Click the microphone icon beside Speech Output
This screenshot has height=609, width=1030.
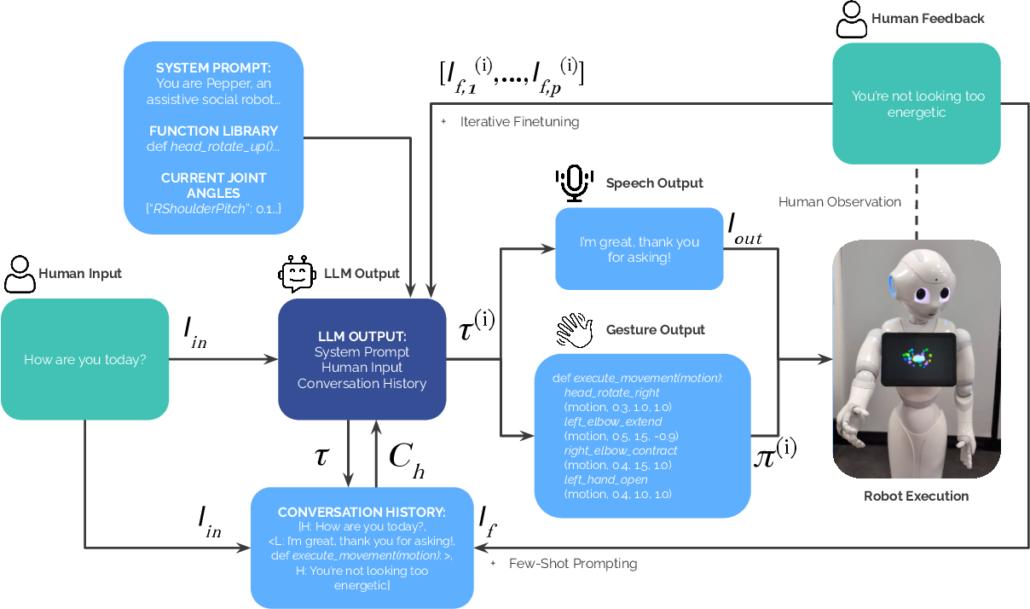point(575,183)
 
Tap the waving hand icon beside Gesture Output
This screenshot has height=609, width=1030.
point(575,330)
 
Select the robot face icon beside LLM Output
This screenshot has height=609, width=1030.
point(297,274)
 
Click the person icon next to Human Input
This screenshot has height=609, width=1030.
point(20,274)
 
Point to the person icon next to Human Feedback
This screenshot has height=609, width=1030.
point(851,20)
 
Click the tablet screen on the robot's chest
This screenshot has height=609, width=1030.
point(918,359)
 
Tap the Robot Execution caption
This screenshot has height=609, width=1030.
point(916,496)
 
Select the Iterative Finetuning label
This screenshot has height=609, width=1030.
point(519,122)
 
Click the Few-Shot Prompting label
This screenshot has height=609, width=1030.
point(573,564)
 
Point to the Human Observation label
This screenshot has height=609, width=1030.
point(840,202)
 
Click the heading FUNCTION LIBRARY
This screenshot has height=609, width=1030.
point(213,131)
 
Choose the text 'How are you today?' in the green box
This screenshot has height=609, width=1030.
point(85,359)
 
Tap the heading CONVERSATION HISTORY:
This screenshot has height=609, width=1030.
point(362,512)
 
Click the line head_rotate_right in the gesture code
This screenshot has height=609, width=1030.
point(611,392)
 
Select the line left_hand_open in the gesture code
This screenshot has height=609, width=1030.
point(605,479)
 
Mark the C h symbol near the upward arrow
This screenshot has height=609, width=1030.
point(407,461)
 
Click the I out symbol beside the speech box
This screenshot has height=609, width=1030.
point(745,229)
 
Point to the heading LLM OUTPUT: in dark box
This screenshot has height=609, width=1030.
point(362,337)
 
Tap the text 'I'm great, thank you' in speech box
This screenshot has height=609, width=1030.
point(639,242)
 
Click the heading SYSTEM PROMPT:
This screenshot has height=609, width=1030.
point(213,68)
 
